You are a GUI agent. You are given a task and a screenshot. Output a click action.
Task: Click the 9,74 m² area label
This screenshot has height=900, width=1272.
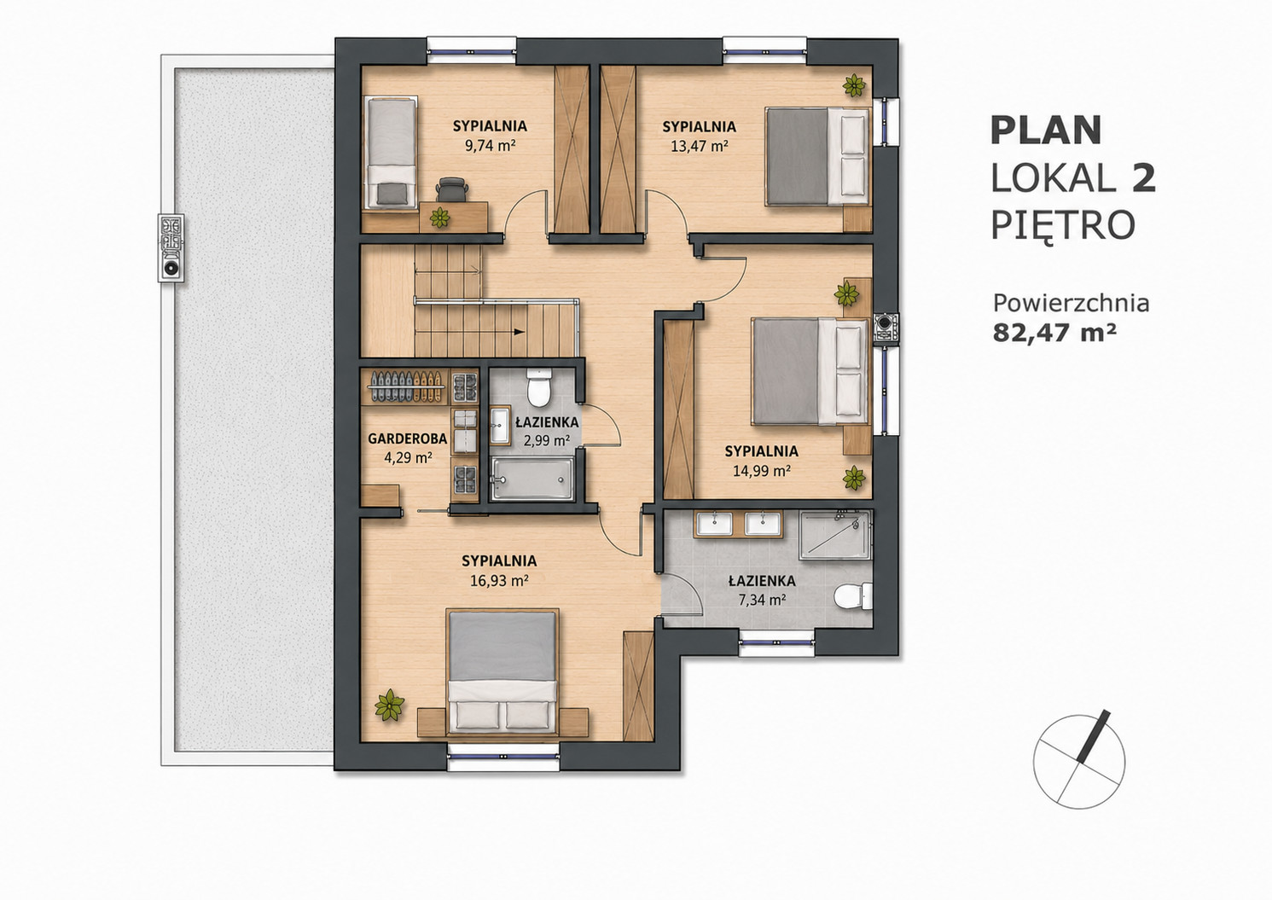pyautogui.click(x=490, y=146)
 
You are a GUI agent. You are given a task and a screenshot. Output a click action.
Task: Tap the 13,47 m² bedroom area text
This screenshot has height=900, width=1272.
pyautogui.click(x=700, y=146)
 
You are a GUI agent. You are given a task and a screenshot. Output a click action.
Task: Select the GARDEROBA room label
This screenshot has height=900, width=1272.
pyautogui.click(x=407, y=438)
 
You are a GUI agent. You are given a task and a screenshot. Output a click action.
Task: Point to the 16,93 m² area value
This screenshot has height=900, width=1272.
pyautogui.click(x=500, y=581)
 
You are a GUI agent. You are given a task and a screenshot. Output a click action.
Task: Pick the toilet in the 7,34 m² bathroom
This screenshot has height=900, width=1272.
pyautogui.click(x=853, y=596)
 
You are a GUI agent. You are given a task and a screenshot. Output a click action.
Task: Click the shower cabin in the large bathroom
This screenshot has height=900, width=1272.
pyautogui.click(x=834, y=535)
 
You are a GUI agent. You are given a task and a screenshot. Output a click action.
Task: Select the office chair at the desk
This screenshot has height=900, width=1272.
pyautogui.click(x=453, y=189)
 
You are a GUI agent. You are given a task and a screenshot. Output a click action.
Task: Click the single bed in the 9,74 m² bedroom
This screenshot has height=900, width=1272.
pyautogui.click(x=391, y=153)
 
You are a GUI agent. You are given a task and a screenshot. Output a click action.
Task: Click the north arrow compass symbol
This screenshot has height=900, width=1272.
pyautogui.click(x=1079, y=762)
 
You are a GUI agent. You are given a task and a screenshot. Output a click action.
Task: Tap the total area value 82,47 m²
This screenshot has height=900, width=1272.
pyautogui.click(x=1054, y=332)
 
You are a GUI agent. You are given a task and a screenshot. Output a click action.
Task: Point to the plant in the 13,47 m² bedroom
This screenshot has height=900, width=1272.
pyautogui.click(x=854, y=86)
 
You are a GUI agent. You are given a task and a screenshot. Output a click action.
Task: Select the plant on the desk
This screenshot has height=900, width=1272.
pyautogui.click(x=439, y=217)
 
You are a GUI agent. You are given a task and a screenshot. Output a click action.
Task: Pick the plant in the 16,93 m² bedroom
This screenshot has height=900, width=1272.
pyautogui.click(x=390, y=705)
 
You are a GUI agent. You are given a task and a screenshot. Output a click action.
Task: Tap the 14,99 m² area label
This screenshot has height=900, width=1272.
pyautogui.click(x=762, y=471)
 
